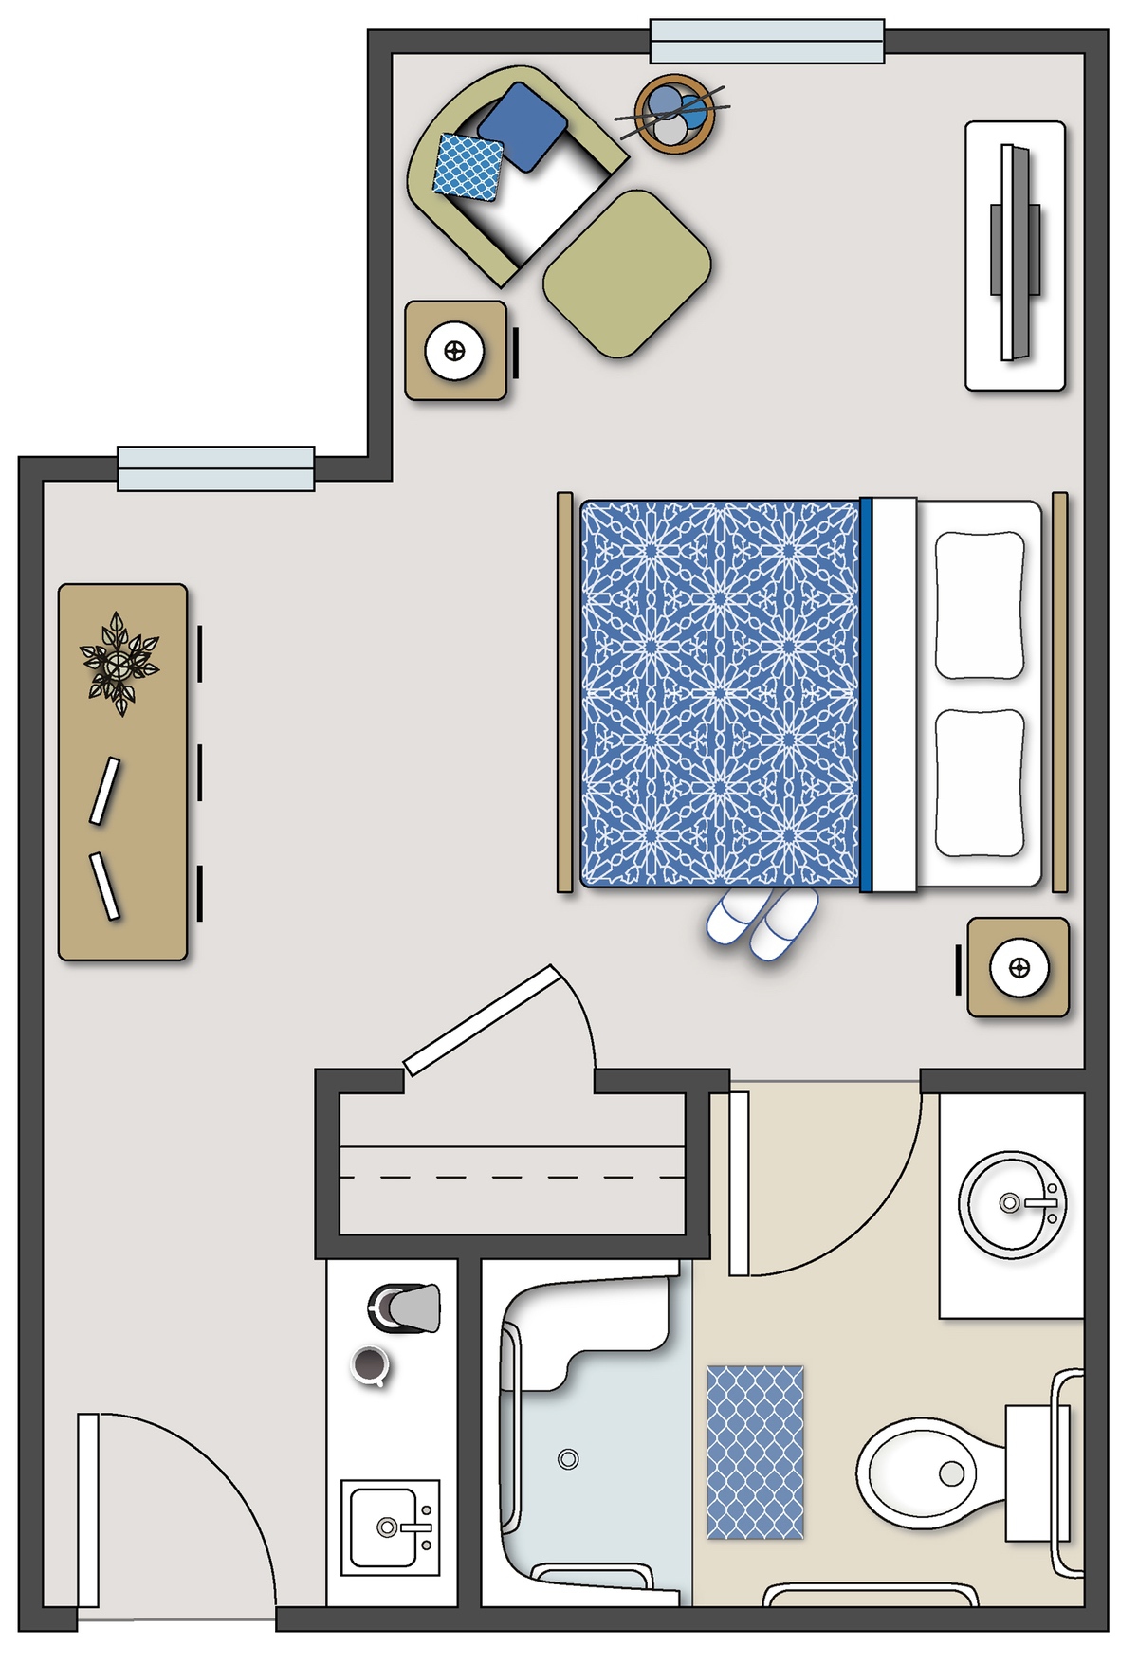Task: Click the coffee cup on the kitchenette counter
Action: [369, 1365]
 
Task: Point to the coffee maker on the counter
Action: [406, 1308]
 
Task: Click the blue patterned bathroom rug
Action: [755, 1452]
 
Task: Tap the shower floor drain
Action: [568, 1459]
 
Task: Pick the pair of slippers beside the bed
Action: [762, 923]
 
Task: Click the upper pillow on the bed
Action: [980, 605]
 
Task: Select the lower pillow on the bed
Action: [980, 782]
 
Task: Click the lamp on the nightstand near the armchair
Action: [454, 352]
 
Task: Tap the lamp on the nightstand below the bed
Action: [1019, 968]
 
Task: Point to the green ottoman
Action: [627, 273]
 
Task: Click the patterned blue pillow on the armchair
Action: [468, 167]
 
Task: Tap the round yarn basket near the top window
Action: [673, 114]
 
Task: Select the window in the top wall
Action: [766, 42]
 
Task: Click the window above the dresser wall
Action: [216, 468]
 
